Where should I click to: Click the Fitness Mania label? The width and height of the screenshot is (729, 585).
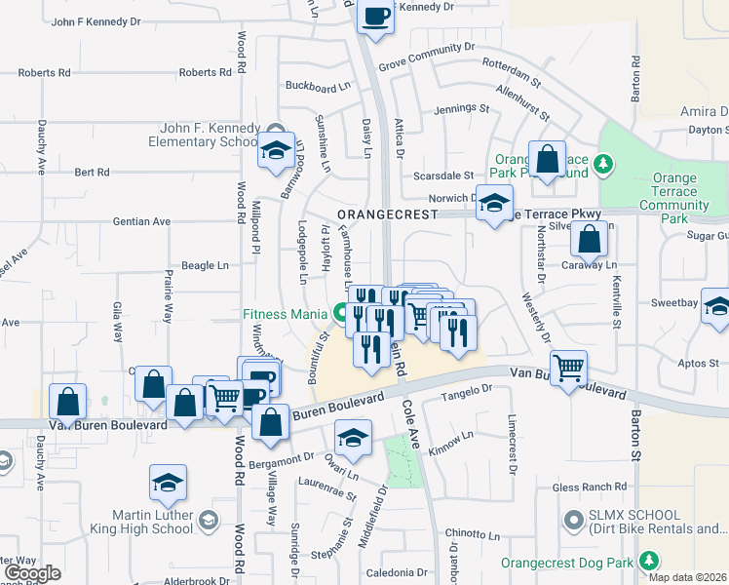click(286, 314)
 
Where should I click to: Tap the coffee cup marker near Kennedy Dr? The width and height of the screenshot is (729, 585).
click(375, 17)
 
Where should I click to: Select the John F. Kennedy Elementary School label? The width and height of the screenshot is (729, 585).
click(210, 136)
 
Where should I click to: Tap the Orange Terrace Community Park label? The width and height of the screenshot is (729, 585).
click(674, 198)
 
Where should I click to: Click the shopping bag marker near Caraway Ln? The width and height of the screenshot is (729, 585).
click(589, 238)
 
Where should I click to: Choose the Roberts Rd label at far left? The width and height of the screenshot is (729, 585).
click(44, 73)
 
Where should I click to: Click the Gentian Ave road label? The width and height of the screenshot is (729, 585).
click(141, 221)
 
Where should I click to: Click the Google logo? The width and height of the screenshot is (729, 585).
click(32, 573)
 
